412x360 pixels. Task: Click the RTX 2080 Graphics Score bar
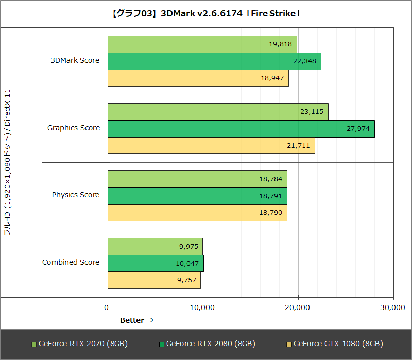[241, 129]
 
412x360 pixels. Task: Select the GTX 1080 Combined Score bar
[154, 280]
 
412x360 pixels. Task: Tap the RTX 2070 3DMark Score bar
[202, 44]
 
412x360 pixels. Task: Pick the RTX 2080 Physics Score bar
[197, 196]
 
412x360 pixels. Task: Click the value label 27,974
[358, 129]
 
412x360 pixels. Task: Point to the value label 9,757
[187, 280]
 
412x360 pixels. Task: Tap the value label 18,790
[270, 213]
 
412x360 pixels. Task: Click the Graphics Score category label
[74, 128]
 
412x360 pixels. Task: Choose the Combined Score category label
[71, 262]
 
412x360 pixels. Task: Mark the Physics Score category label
[76, 195]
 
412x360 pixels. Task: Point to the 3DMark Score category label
[75, 60]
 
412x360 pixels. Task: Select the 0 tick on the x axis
[107, 307]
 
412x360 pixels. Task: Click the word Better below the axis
[132, 320]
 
